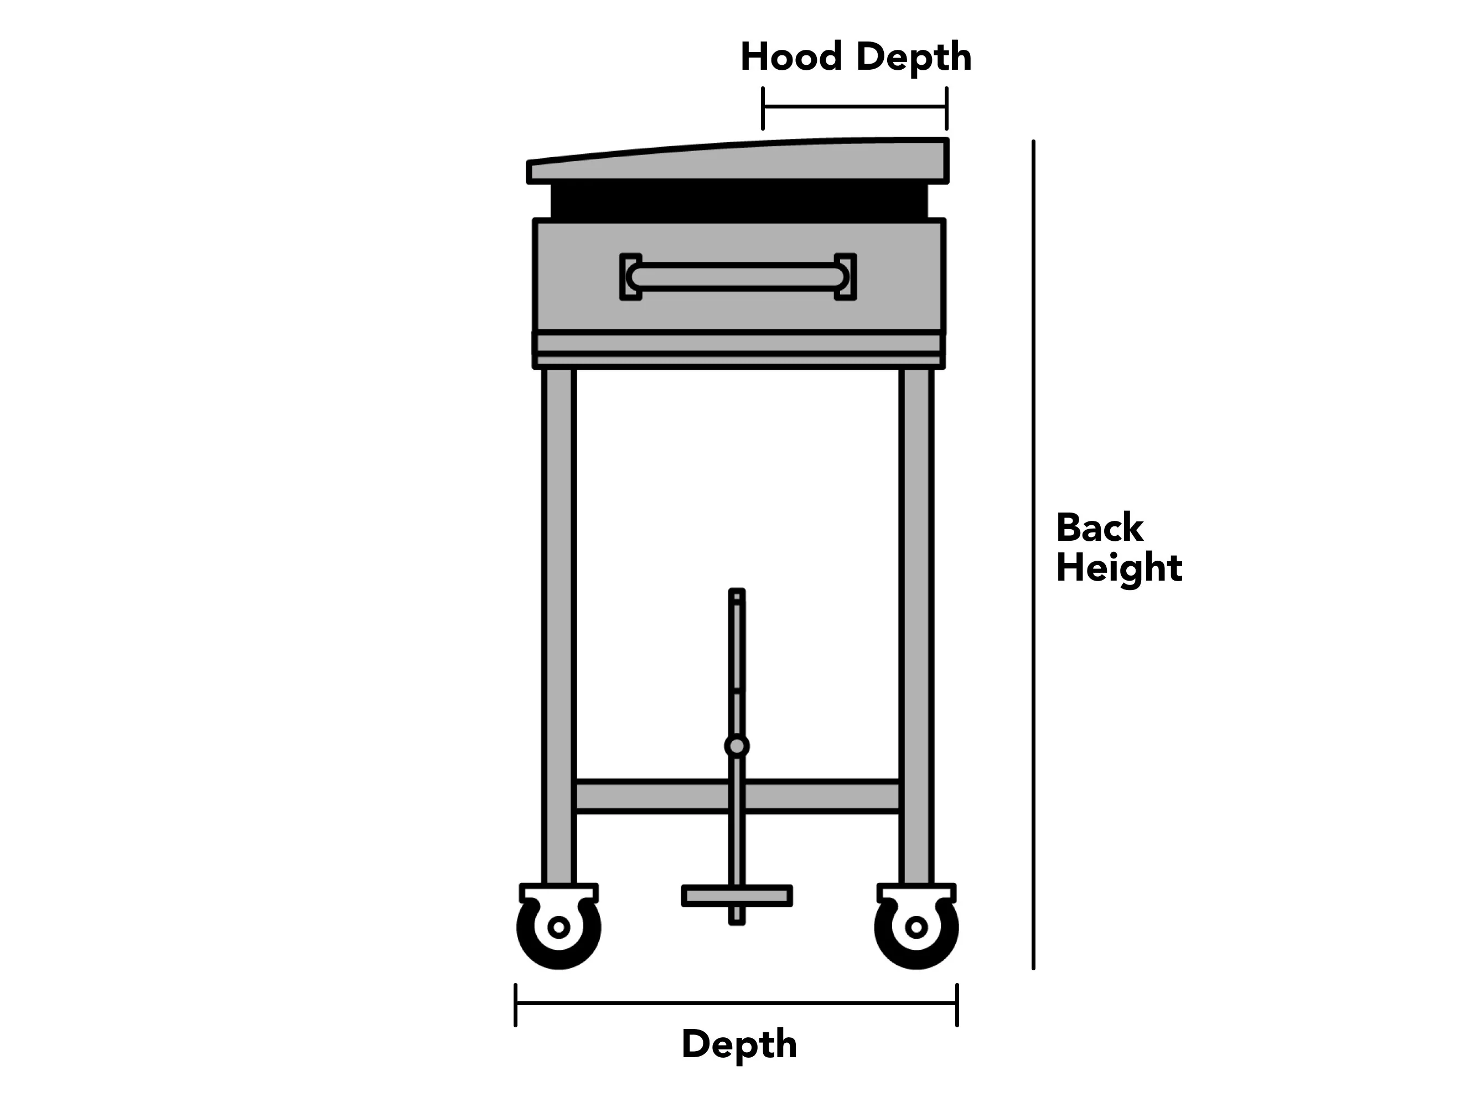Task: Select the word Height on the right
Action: [x=1119, y=568]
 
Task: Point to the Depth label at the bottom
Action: [x=739, y=1045]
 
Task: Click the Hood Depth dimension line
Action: [x=854, y=107]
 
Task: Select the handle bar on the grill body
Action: [x=737, y=277]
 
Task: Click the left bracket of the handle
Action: [x=630, y=277]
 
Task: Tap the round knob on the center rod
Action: [x=737, y=746]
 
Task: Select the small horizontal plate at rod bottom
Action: [x=737, y=896]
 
